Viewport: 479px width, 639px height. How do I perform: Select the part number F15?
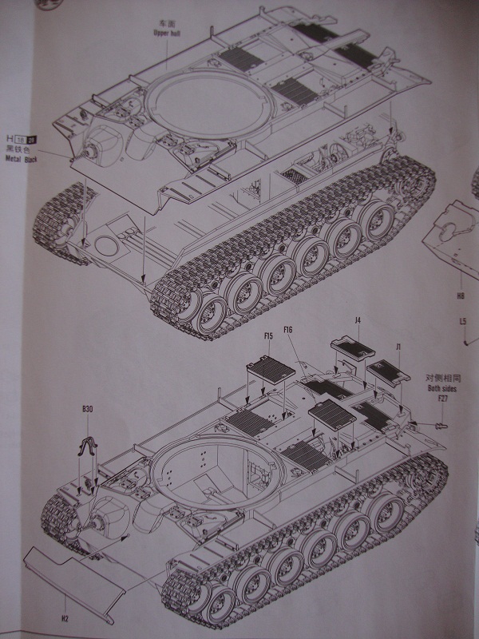pyautogui.click(x=268, y=336)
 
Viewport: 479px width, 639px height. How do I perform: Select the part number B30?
pyautogui.click(x=87, y=410)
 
